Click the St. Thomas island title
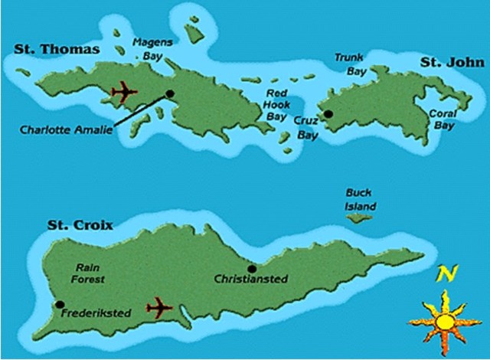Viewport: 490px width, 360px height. coord(57,50)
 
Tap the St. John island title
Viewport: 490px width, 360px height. coord(449,61)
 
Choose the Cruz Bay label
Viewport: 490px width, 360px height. coord(306,127)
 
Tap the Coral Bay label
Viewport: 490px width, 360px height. coord(442,119)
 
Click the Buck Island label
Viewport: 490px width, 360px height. coord(360,201)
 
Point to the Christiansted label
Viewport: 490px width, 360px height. coord(252,279)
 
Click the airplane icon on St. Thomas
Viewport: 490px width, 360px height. coord(124,93)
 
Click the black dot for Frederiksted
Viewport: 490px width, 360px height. coord(60,305)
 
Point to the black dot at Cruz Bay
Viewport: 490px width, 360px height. coord(328,114)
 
